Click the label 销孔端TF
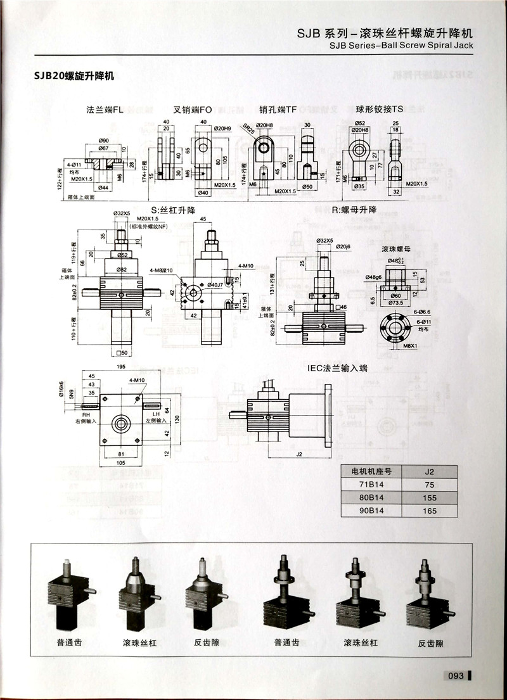click(x=278, y=110)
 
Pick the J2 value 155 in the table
click(x=430, y=498)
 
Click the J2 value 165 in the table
click(x=430, y=511)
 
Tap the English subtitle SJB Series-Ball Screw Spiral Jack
click(x=402, y=45)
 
